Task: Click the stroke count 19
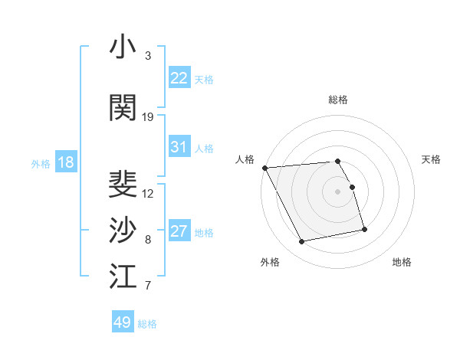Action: (x=148, y=117)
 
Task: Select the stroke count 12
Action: (x=148, y=193)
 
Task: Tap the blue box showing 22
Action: (x=179, y=78)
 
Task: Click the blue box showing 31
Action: (x=179, y=148)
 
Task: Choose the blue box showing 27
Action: (x=179, y=231)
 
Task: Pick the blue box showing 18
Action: (x=65, y=162)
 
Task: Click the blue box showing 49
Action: (x=123, y=322)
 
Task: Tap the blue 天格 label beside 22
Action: (x=204, y=79)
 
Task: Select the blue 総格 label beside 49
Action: (x=147, y=323)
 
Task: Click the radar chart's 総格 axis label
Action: (x=338, y=100)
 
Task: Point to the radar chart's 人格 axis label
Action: (x=245, y=159)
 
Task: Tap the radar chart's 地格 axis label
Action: (x=402, y=262)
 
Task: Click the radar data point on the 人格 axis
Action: (x=264, y=168)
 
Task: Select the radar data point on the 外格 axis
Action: (x=302, y=242)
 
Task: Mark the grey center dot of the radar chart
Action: (x=338, y=191)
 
